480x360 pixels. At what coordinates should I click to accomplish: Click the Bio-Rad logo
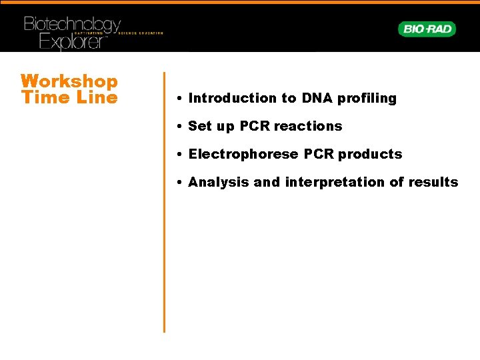click(427, 29)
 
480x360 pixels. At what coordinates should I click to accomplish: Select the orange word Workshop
click(69, 81)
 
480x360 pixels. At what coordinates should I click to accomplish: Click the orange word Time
click(42, 97)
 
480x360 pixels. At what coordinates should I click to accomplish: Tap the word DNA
click(316, 99)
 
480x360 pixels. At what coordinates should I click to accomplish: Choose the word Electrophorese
click(244, 155)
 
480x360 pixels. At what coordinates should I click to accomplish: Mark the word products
click(370, 155)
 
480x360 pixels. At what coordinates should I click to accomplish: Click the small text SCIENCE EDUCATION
click(141, 33)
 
